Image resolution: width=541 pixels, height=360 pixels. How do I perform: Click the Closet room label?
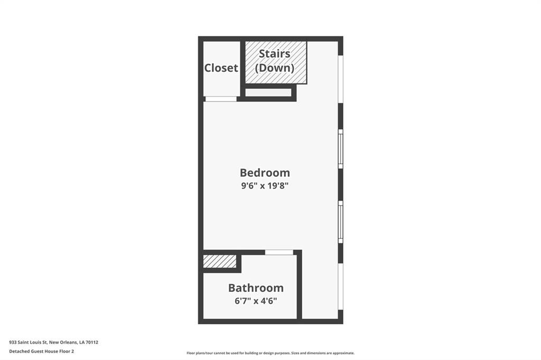(221, 68)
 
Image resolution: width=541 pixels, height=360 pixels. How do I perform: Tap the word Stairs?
(275, 53)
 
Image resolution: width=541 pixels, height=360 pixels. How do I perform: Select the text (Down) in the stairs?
(275, 68)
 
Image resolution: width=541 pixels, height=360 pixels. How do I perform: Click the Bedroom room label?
(265, 173)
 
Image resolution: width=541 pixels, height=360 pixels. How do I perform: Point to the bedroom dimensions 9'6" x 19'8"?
(265, 186)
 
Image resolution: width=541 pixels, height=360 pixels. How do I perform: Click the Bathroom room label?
(256, 288)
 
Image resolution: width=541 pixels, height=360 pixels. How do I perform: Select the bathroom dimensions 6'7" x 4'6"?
(256, 301)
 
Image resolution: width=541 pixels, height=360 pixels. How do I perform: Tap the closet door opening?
(221, 99)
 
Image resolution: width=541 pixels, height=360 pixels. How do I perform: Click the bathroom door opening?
(279, 252)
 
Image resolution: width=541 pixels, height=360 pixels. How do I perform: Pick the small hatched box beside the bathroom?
(219, 261)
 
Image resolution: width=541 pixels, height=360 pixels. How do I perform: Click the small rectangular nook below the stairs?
(268, 92)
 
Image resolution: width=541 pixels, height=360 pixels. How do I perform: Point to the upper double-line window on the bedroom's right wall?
(341, 149)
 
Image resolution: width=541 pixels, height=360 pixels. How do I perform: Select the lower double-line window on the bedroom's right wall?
(341, 222)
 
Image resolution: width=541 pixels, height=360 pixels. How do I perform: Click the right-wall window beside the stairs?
(341, 79)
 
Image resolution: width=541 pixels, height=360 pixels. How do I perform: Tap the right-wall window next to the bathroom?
(341, 287)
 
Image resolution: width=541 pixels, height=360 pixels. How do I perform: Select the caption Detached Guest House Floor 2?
(41, 352)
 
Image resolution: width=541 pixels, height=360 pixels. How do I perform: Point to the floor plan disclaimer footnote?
(270, 353)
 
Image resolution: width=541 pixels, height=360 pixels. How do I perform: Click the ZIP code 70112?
(92, 343)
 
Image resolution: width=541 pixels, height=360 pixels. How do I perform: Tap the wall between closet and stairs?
(242, 69)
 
